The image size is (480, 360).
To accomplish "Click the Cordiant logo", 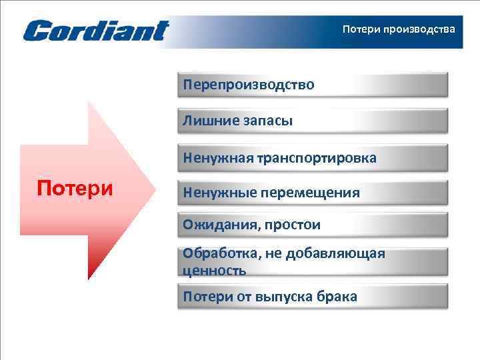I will pos(96,31).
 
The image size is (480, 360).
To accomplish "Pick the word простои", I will pos(291,225).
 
